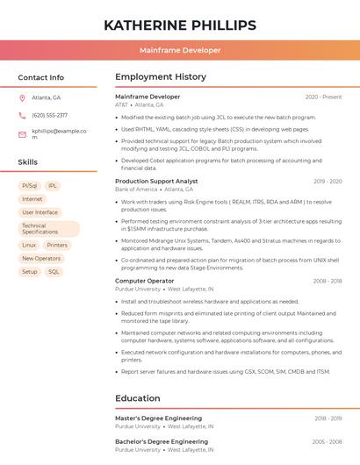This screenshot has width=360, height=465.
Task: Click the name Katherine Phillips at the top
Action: coord(180,25)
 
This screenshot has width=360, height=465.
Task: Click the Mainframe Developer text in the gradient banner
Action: coord(180,50)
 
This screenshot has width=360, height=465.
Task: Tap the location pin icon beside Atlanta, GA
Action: coord(22,97)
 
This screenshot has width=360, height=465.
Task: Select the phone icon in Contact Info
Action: coord(22,115)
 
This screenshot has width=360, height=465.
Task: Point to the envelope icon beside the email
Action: coord(22,134)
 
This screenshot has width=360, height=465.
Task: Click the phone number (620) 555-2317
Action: coord(49,115)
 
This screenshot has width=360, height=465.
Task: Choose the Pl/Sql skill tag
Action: coord(29,186)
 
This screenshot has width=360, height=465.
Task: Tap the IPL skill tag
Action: coord(53,186)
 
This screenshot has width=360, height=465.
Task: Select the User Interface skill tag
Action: coord(40,212)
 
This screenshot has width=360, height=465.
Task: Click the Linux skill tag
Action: coord(29,246)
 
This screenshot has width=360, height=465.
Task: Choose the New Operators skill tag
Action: coord(41,259)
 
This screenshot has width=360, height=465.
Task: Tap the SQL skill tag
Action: coord(54,272)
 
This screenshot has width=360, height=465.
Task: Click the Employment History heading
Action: coord(161,77)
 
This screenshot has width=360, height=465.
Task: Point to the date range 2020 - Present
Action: coord(323,97)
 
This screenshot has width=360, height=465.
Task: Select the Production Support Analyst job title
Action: coord(156,181)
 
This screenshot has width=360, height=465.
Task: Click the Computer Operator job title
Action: coord(144,281)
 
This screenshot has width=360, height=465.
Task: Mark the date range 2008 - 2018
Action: coord(327,281)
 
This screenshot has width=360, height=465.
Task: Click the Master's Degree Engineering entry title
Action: coord(158,418)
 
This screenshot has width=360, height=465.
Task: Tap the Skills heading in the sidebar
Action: coord(28,162)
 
